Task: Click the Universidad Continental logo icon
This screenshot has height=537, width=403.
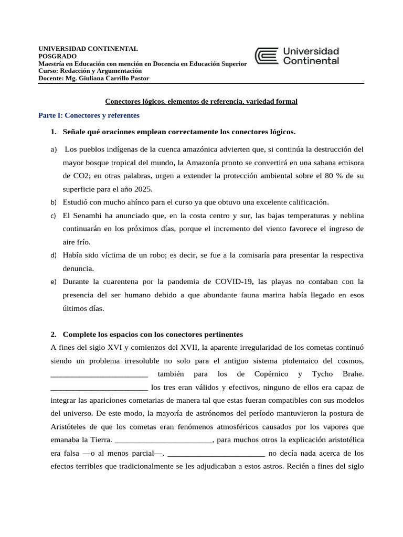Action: tap(267, 56)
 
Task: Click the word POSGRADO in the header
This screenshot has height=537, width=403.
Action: tap(58, 56)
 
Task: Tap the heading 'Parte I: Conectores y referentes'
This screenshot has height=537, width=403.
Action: tap(89, 115)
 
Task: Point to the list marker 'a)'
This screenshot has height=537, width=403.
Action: tap(54, 149)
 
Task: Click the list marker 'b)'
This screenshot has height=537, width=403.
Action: tap(54, 202)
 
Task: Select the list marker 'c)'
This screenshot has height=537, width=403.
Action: tap(54, 216)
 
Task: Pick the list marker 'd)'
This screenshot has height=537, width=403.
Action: tap(54, 255)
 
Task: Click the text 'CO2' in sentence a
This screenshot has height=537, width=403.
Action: tap(84, 176)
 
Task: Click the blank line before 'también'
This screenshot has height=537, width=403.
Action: tap(99, 374)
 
